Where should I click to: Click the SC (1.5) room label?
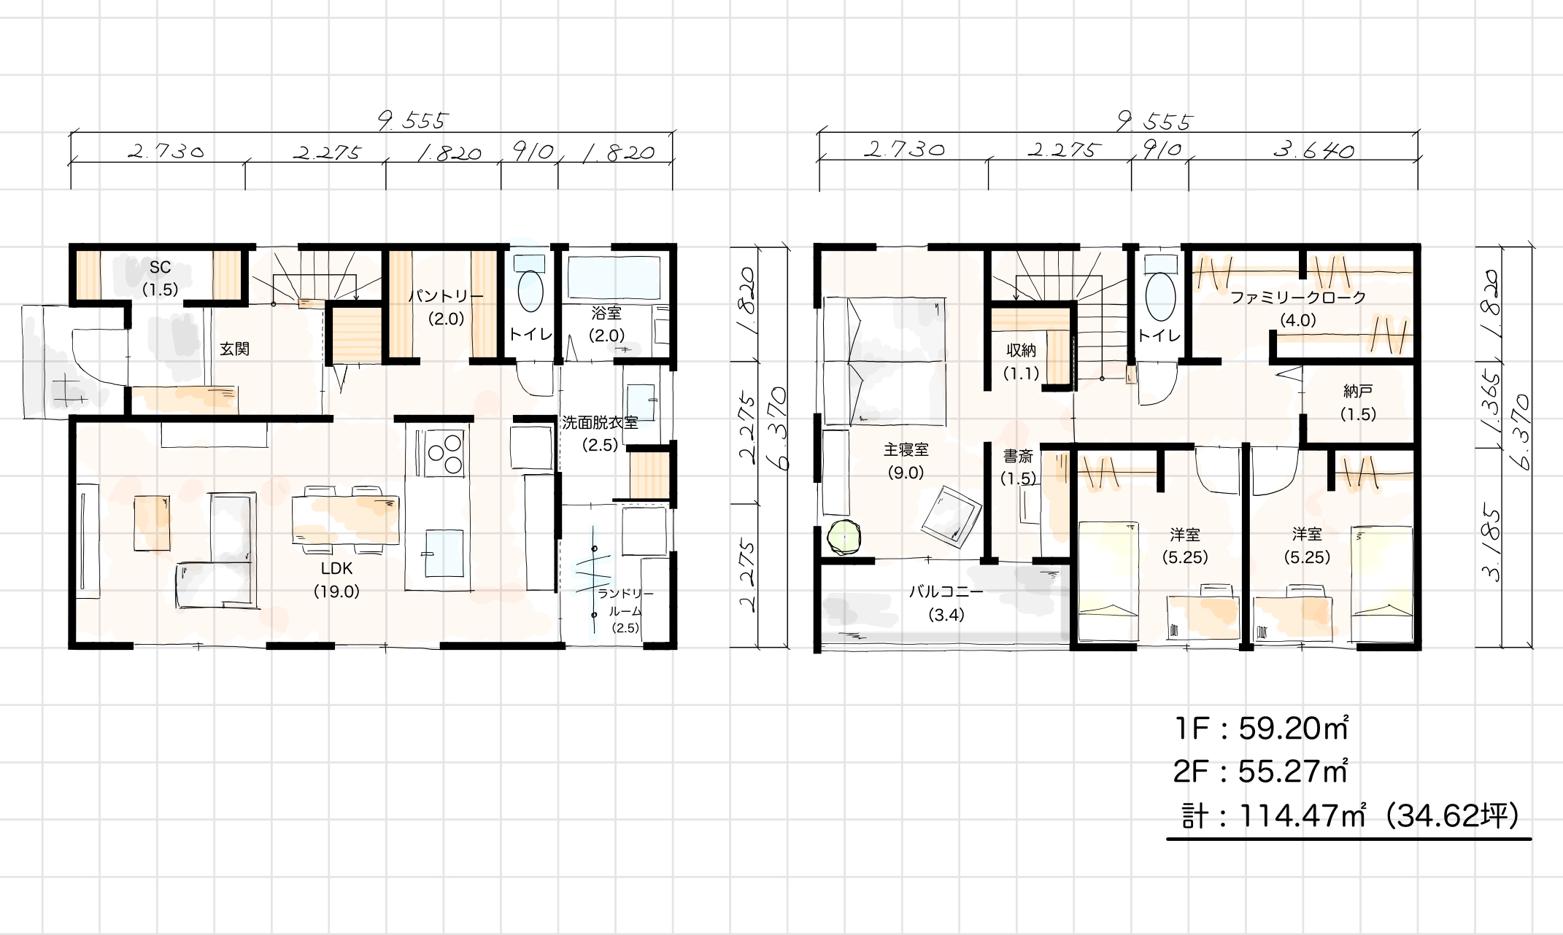[x=160, y=279]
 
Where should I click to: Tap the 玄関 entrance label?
[x=234, y=349]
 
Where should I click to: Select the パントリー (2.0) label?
[x=445, y=307]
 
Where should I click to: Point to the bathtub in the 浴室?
[x=614, y=278]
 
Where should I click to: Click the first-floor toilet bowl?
[x=531, y=291]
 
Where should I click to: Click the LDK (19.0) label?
[x=336, y=580]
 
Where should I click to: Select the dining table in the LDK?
[x=346, y=519]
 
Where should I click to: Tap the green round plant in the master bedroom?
[x=845, y=538]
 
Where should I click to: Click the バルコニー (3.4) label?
[x=946, y=603]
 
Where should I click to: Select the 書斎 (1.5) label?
[x=1018, y=467]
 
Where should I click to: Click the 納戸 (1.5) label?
[x=1358, y=403]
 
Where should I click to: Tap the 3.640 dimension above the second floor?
[x=1314, y=150]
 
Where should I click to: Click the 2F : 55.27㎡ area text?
[x=1261, y=771]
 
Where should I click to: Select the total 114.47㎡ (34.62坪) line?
[x=1350, y=815]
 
